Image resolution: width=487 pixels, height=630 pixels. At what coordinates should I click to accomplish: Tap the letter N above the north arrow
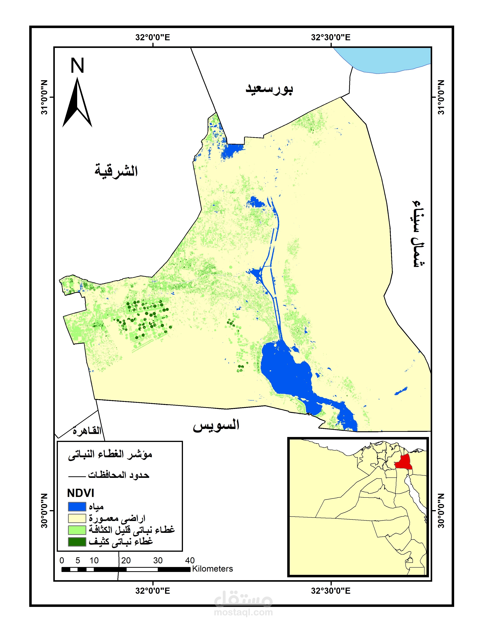click(77, 66)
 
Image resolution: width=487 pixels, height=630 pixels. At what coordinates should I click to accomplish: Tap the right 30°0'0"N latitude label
click(441, 510)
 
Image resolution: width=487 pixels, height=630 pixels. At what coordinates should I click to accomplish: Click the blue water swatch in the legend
click(77, 506)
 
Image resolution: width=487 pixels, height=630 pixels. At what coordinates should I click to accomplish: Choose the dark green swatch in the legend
click(77, 541)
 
